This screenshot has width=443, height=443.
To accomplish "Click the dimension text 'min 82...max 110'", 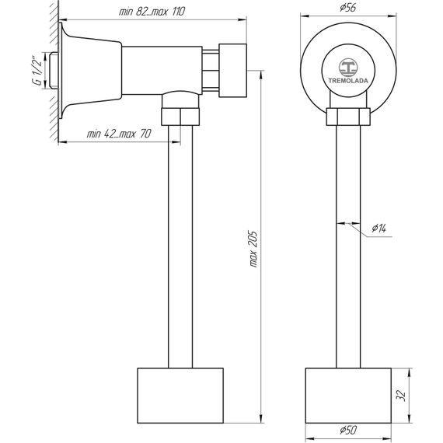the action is (152, 12).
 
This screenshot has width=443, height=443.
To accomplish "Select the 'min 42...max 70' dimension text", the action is (119, 134).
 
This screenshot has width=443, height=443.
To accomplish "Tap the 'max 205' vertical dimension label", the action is (253, 249).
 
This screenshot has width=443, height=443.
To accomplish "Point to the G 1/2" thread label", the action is (37, 71).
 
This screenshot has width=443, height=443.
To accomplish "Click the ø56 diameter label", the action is (347, 8).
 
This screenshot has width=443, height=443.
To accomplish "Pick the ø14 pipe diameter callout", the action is (378, 228).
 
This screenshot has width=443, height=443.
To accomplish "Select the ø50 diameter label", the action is (348, 431).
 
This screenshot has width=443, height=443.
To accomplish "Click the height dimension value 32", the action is (401, 396).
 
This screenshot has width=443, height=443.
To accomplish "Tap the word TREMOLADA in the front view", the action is (348, 81).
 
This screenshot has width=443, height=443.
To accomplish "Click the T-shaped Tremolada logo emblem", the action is (348, 68).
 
